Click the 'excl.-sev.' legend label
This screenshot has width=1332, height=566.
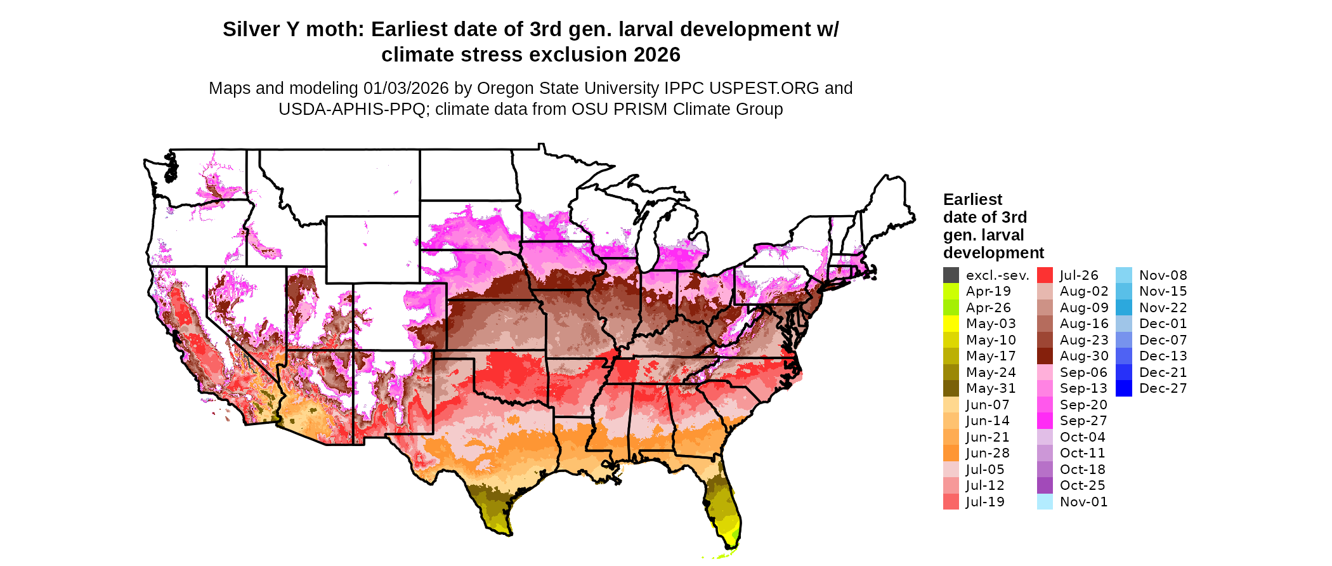[997, 275]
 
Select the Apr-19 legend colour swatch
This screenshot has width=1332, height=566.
[951, 291]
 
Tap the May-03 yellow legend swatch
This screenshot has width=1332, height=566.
[951, 324]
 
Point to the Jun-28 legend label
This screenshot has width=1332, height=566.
[988, 453]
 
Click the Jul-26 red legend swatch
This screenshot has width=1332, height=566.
[1045, 275]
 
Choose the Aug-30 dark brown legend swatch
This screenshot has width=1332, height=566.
[1045, 356]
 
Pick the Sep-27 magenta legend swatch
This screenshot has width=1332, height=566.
[1045, 421]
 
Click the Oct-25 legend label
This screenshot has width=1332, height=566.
[1082, 485]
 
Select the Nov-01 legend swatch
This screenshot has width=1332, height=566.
[1045, 502]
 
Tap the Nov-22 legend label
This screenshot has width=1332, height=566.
[1163, 308]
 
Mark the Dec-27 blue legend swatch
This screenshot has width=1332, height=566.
[1123, 388]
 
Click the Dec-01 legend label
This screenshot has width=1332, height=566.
[1163, 324]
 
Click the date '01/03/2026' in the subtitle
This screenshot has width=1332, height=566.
[405, 88]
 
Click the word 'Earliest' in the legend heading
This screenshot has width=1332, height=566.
[972, 200]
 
